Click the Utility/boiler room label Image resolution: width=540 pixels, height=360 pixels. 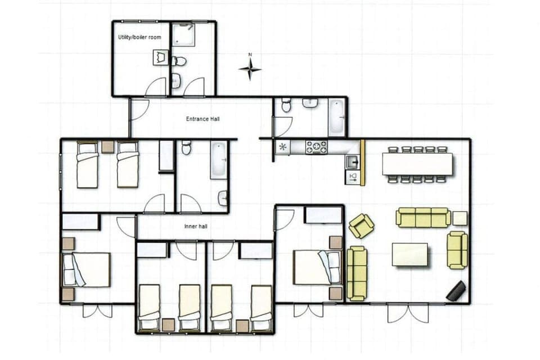(139, 37)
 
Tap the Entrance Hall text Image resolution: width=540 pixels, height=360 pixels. (202, 119)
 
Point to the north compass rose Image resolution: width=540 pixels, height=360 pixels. (250, 68)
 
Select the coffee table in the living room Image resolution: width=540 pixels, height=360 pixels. (409, 254)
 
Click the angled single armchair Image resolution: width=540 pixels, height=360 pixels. (361, 226)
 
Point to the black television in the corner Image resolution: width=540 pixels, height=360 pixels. (456, 290)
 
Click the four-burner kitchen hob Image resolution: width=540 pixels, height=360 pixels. (316, 147)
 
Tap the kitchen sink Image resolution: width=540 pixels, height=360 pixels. (353, 163)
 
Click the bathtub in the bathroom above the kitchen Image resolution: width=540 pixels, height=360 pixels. (336, 117)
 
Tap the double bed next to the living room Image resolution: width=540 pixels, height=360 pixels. (317, 267)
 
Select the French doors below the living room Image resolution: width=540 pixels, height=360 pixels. (407, 313)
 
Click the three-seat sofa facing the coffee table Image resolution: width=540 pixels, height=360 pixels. (423, 217)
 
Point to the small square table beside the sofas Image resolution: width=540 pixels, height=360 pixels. (460, 218)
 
